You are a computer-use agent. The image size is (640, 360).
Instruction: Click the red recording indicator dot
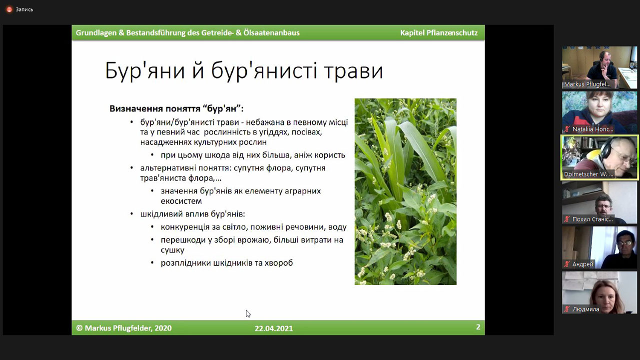(x=9, y=9)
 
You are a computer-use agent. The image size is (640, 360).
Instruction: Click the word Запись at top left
(x=24, y=9)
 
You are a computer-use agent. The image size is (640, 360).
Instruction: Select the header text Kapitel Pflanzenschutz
(x=439, y=33)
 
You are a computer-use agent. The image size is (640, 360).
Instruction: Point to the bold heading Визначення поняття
(x=155, y=108)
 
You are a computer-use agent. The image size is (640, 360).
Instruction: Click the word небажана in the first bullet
(x=265, y=122)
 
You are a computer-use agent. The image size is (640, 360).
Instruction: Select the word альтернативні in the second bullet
(x=167, y=168)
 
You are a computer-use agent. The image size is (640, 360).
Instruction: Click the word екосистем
(x=181, y=201)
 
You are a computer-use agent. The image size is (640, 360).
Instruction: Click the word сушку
(x=172, y=250)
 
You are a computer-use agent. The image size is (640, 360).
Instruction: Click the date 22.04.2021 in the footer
(x=274, y=328)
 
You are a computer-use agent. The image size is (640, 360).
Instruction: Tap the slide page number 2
(x=478, y=327)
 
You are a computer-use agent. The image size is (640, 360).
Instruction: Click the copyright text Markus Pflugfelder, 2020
(x=128, y=328)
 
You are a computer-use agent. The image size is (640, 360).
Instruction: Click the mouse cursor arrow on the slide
(x=248, y=313)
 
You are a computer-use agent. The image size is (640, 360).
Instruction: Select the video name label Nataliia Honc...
(x=593, y=129)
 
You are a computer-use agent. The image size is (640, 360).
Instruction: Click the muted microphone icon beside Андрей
(x=567, y=264)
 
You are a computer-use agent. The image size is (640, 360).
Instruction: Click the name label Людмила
(x=586, y=309)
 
